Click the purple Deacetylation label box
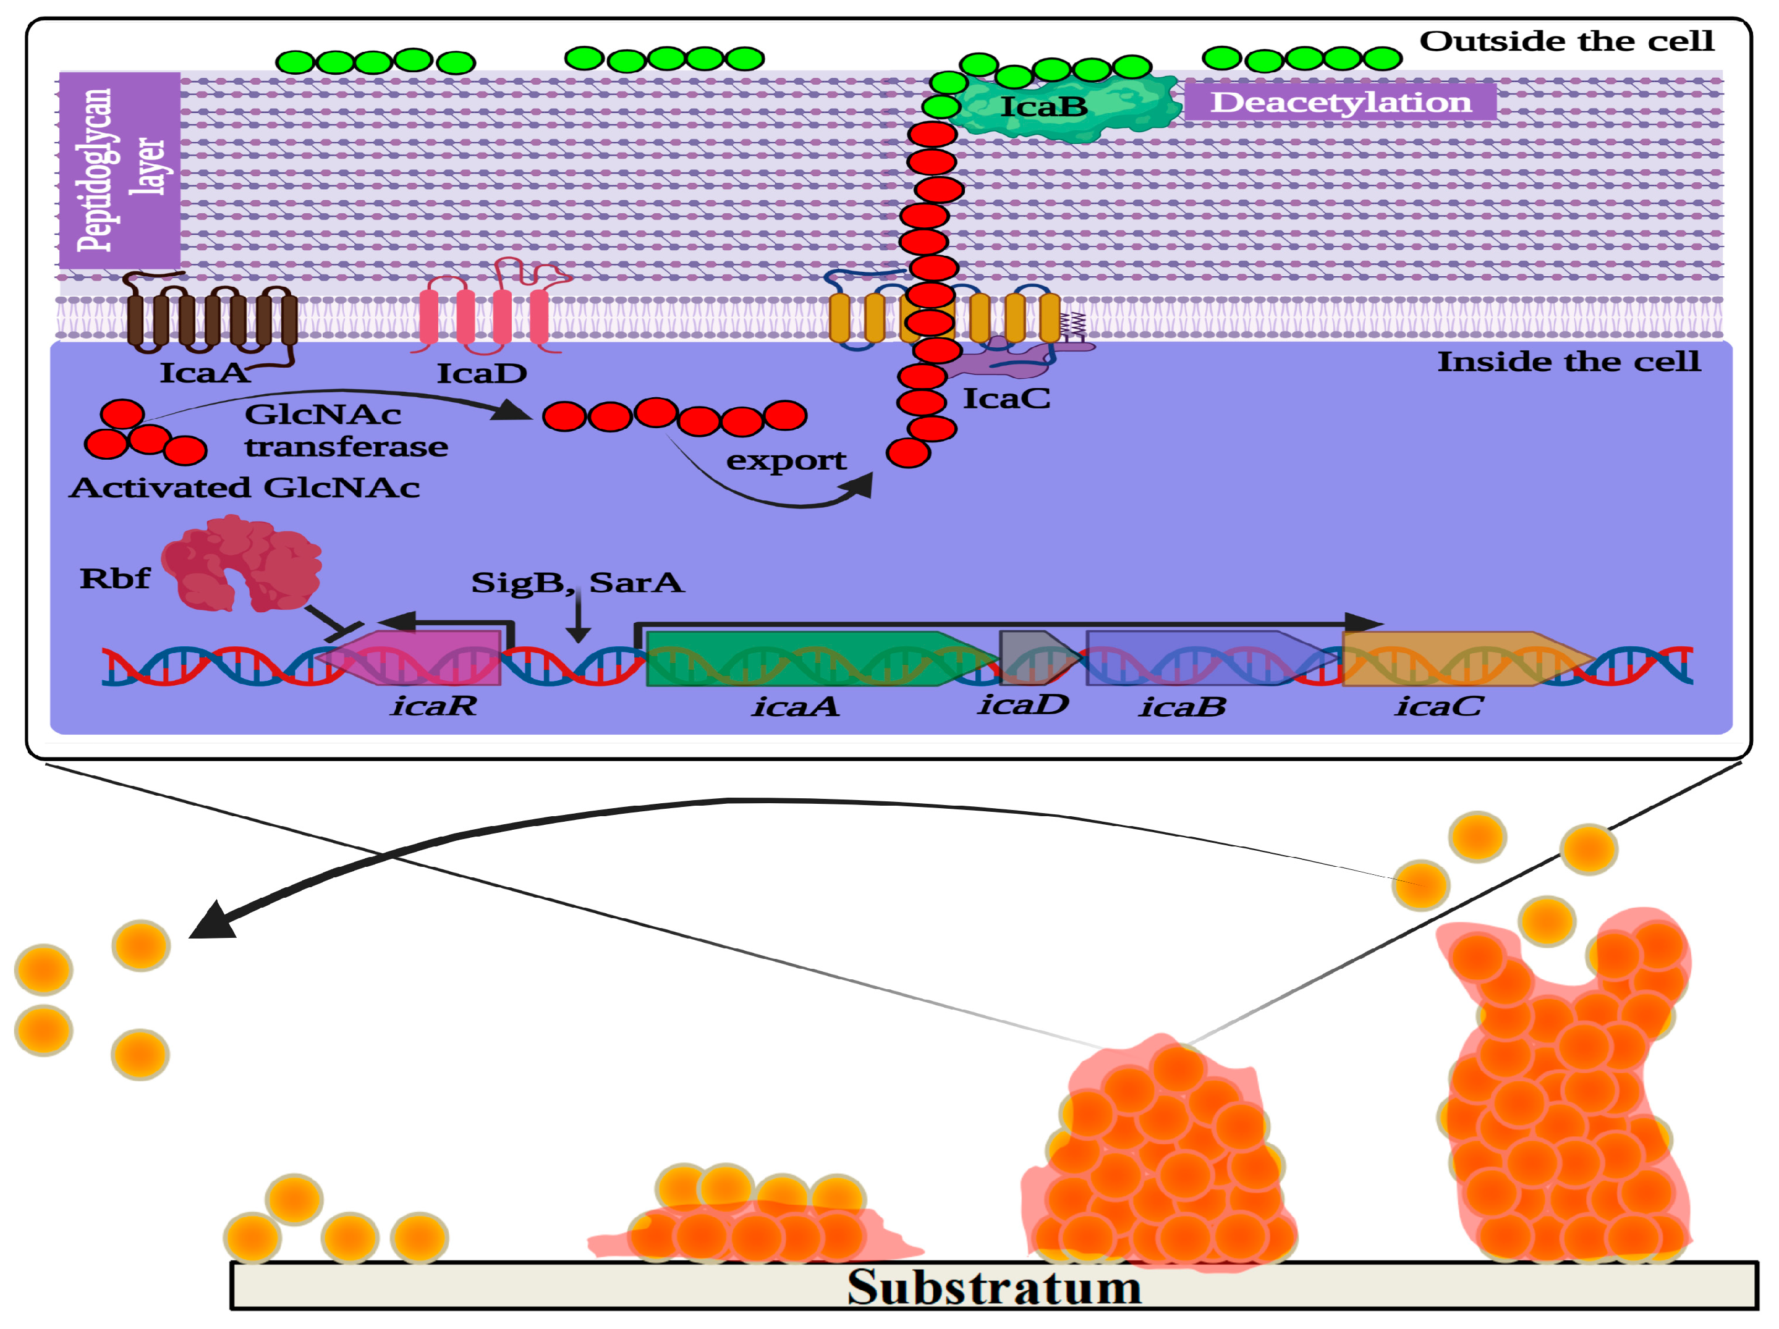coord(1340,102)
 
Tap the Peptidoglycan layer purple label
coord(120,171)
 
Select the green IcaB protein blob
coord(1069,106)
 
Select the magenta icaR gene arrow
coord(418,657)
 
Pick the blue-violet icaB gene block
coord(1202,657)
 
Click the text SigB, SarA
coord(577,582)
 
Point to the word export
coord(786,460)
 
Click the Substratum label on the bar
coord(994,1286)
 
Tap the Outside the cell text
coord(1566,41)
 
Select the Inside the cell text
coord(1568,362)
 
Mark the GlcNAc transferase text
coord(346,430)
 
